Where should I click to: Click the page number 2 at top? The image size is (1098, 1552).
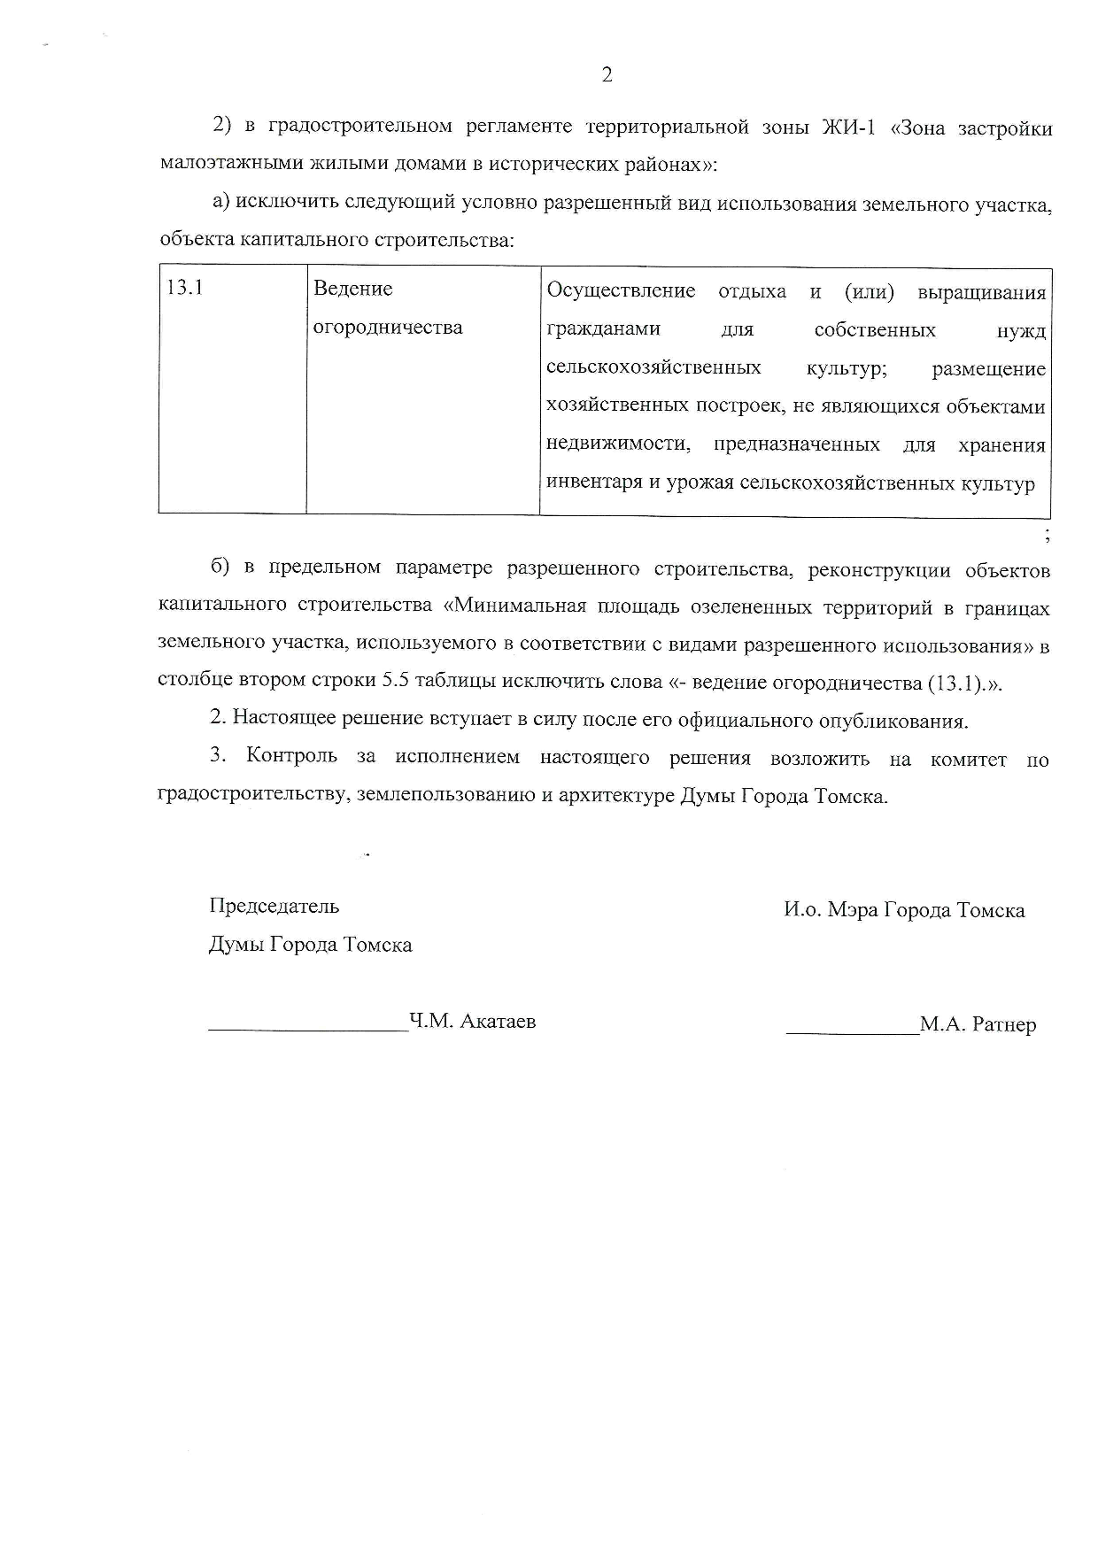coord(607,75)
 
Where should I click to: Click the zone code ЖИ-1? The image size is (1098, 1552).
coord(848,128)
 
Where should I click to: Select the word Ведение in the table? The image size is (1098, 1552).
coord(353,289)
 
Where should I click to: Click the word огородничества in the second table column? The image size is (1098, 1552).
coord(388,328)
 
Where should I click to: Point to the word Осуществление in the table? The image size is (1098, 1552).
coord(621,291)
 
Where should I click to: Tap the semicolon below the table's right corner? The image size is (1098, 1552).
coord(1047,534)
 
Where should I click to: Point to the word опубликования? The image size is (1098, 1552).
coord(907,721)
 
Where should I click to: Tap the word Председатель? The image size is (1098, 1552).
coord(274,907)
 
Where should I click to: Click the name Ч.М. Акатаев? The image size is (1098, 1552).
coord(472,1022)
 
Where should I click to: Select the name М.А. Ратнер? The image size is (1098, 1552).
coord(978,1025)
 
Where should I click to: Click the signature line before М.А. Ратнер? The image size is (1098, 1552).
coord(852,1032)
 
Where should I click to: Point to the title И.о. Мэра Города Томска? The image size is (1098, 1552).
coord(904,910)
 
